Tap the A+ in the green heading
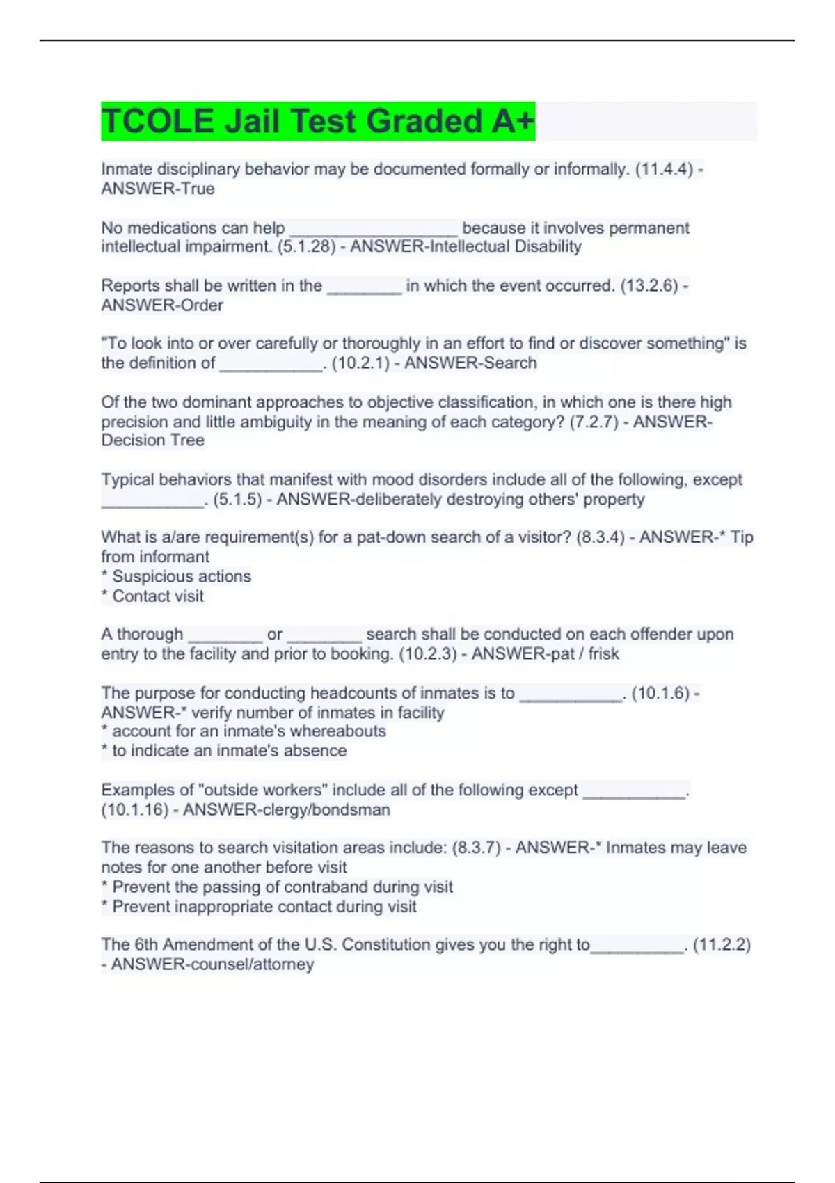click(513, 121)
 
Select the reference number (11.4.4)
click(664, 169)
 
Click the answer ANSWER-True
click(158, 189)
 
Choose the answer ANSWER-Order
click(162, 305)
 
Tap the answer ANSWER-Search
click(470, 363)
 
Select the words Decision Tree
click(153, 440)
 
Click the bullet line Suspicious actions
click(181, 576)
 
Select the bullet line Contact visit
click(158, 596)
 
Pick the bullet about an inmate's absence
click(229, 750)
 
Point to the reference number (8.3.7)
click(476, 848)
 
